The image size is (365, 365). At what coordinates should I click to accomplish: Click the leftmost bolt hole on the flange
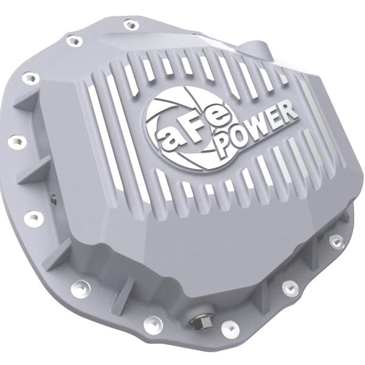13,142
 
